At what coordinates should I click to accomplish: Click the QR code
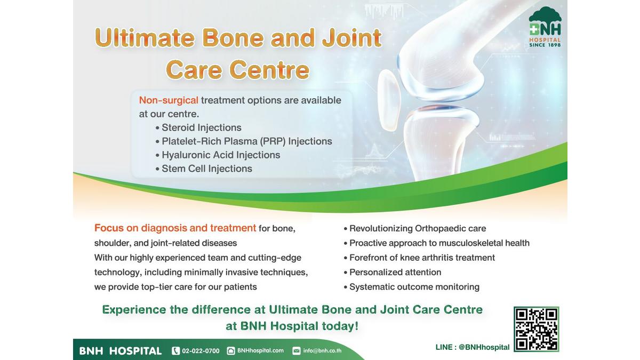[x=536, y=329]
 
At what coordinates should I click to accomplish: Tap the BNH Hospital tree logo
[x=545, y=27]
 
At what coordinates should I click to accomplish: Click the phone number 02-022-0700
[x=201, y=351]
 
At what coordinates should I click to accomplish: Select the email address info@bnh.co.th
[x=322, y=350]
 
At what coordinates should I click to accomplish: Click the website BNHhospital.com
[x=260, y=350]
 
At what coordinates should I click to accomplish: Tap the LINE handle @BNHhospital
[x=484, y=347]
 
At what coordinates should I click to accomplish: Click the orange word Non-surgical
[x=169, y=100]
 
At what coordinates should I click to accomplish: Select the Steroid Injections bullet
[x=198, y=127]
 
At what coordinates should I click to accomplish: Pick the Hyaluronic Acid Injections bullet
[x=218, y=155]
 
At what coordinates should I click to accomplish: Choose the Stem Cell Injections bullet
[x=204, y=169]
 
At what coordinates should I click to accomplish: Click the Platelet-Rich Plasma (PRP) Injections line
[x=244, y=141]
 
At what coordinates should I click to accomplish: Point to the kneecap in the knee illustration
[x=389, y=100]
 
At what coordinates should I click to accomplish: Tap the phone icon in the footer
[x=175, y=350]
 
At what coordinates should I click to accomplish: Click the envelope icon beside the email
[x=297, y=350]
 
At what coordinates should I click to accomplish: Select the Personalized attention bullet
[x=393, y=273]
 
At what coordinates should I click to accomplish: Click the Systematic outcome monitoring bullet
[x=411, y=287]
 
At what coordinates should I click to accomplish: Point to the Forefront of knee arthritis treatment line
[x=419, y=258]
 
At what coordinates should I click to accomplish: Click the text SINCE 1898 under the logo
[x=545, y=45]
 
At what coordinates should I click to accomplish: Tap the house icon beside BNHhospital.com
[x=231, y=350]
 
